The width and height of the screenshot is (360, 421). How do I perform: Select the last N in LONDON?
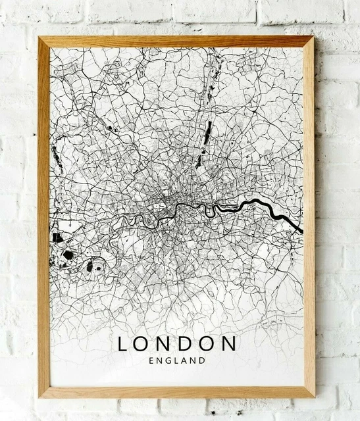(x=228, y=344)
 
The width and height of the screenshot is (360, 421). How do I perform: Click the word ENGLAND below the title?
(x=177, y=360)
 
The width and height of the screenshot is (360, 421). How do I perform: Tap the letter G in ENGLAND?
(x=166, y=360)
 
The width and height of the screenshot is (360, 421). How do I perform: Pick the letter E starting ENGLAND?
(x=152, y=360)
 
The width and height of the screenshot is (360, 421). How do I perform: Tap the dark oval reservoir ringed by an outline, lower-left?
(x=92, y=266)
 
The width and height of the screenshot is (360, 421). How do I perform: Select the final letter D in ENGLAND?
(x=203, y=360)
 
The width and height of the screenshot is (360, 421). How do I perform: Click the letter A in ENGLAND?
(x=186, y=360)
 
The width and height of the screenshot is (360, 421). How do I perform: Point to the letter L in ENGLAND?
(x=176, y=360)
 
